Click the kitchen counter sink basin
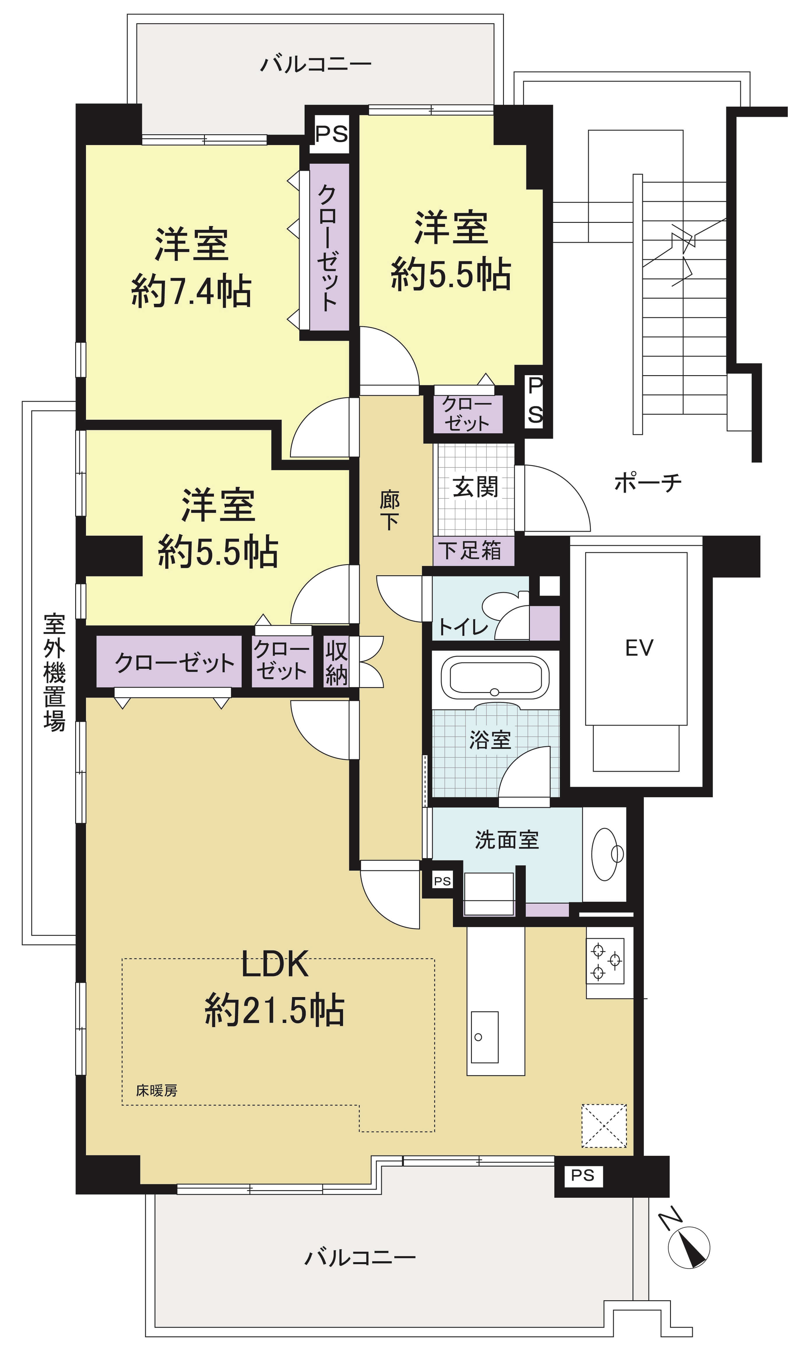tap(484, 1037)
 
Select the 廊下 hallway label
tap(390, 510)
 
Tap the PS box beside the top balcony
tap(331, 134)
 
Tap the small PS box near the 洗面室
tap(442, 881)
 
